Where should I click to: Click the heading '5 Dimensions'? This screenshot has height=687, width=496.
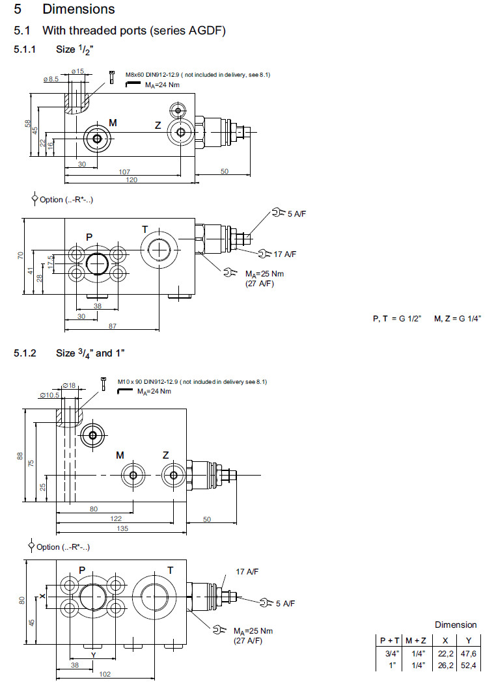click(x=64, y=9)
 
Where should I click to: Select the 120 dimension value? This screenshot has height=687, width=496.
click(x=131, y=180)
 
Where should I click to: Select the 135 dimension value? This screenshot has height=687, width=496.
click(x=122, y=528)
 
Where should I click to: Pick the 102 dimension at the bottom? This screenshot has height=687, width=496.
click(x=103, y=675)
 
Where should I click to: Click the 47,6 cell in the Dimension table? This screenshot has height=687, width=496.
click(x=468, y=653)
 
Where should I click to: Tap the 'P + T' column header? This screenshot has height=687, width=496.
click(x=389, y=641)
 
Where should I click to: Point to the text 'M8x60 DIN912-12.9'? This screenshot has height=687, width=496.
click(x=148, y=75)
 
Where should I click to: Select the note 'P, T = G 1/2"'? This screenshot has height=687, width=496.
click(x=397, y=318)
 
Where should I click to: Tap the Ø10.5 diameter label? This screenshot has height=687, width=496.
click(x=51, y=395)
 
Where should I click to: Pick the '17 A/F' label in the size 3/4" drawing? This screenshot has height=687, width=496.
click(x=247, y=571)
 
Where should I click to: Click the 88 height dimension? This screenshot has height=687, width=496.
click(x=20, y=457)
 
